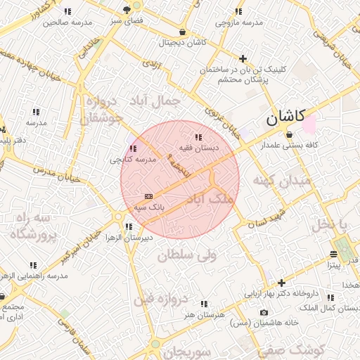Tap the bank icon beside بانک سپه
pyautogui.click(x=148, y=196)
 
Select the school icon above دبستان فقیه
pyautogui.click(x=198, y=137)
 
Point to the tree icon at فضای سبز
pyautogui.click(x=127, y=10)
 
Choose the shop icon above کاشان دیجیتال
pyautogui.click(x=183, y=32)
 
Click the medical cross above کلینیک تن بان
pyautogui.click(x=243, y=58)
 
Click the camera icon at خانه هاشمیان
pyautogui.click(x=264, y=312)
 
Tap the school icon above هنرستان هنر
pyautogui.click(x=204, y=304)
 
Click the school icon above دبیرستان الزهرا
pyautogui.click(x=128, y=226)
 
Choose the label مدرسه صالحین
pyautogui.click(x=67, y=22)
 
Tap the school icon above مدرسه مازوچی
pyautogui.click(x=238, y=11)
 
